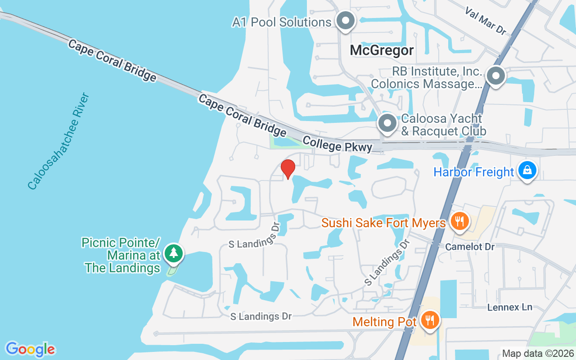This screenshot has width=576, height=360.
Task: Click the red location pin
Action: [x=288, y=169]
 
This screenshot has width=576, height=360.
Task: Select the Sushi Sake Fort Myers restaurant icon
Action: [x=459, y=221]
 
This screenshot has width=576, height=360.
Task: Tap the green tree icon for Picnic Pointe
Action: [x=174, y=253]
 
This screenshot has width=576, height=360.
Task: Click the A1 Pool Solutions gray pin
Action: [x=346, y=21]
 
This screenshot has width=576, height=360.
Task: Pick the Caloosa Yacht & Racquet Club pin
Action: [x=387, y=123]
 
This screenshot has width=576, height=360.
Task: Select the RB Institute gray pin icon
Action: [x=495, y=76]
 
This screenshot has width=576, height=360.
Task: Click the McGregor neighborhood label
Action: [x=382, y=50]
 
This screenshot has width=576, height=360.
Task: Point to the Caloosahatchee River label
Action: [x=59, y=142]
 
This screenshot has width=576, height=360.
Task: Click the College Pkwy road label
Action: [x=337, y=144]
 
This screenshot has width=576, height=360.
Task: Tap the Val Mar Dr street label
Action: [x=486, y=21]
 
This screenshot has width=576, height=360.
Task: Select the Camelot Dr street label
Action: [x=470, y=247]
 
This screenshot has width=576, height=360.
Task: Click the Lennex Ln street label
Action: [x=510, y=307]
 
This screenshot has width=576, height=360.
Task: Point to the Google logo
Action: [x=30, y=349]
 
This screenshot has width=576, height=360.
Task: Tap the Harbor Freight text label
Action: [x=473, y=172]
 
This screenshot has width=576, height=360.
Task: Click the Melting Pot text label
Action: [x=385, y=322]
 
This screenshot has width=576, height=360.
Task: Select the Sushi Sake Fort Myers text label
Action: [x=383, y=223]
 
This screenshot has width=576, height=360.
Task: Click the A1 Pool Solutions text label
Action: [x=282, y=22]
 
